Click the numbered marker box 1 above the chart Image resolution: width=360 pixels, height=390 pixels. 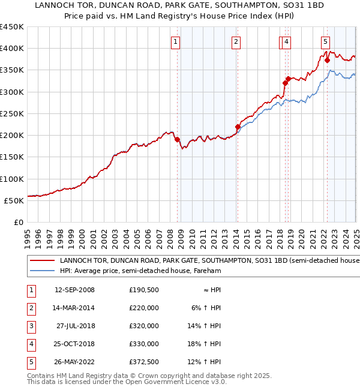click(x=175, y=42)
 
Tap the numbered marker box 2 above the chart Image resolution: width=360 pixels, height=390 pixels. click(x=236, y=42)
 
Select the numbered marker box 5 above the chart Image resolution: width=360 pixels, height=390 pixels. click(x=325, y=42)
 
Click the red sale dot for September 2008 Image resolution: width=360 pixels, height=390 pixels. click(x=177, y=139)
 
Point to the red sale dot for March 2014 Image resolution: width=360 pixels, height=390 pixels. click(x=238, y=127)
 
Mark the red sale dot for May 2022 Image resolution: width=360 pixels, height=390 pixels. click(x=327, y=60)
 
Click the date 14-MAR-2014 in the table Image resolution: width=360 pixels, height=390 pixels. click(x=74, y=308)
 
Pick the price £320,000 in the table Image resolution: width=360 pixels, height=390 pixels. click(x=144, y=326)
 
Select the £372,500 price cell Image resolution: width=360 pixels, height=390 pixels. click(x=144, y=362)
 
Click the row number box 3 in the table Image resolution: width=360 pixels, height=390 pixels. click(x=30, y=326)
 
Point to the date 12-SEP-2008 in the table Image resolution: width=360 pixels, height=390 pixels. click(x=74, y=290)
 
